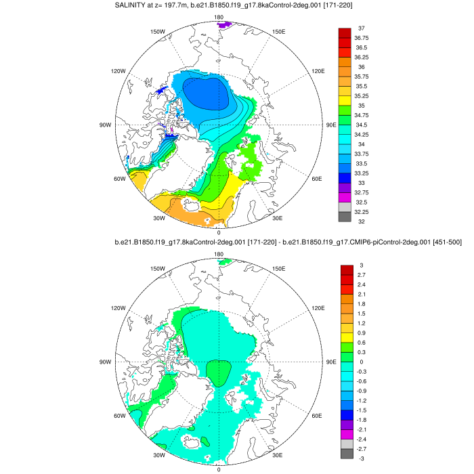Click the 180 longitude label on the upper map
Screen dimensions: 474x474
click(x=219, y=17)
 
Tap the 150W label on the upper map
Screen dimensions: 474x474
click(x=158, y=31)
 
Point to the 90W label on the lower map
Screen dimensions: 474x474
click(x=105, y=362)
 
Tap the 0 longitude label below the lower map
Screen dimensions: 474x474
click(x=219, y=469)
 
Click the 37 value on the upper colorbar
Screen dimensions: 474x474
click(x=362, y=28)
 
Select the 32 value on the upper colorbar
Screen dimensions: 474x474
click(x=362, y=221)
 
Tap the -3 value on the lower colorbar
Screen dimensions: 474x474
click(x=362, y=458)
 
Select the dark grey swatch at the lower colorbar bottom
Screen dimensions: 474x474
click(x=344, y=454)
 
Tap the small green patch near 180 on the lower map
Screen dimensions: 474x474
click(x=225, y=262)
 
